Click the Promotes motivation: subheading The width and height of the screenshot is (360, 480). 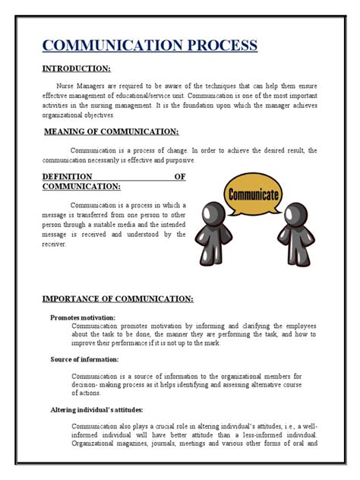(83, 317)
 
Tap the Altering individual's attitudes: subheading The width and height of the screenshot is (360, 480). (98, 409)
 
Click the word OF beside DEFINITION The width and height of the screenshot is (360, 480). (180, 176)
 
